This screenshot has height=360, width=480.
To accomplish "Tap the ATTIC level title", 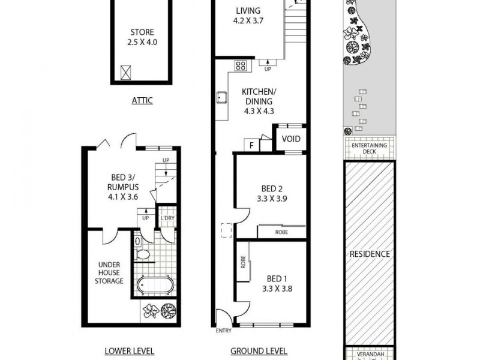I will [x=142, y=101].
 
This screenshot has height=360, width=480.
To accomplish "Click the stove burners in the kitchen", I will [x=241, y=66].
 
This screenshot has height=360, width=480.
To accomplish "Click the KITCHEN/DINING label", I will [x=257, y=101].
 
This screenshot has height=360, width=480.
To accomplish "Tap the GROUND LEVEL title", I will [x=259, y=351].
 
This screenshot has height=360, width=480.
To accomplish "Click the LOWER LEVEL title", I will [x=129, y=351].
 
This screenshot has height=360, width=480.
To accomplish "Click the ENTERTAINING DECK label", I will [x=370, y=148].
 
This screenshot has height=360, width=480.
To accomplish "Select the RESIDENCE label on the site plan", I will [x=370, y=254].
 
